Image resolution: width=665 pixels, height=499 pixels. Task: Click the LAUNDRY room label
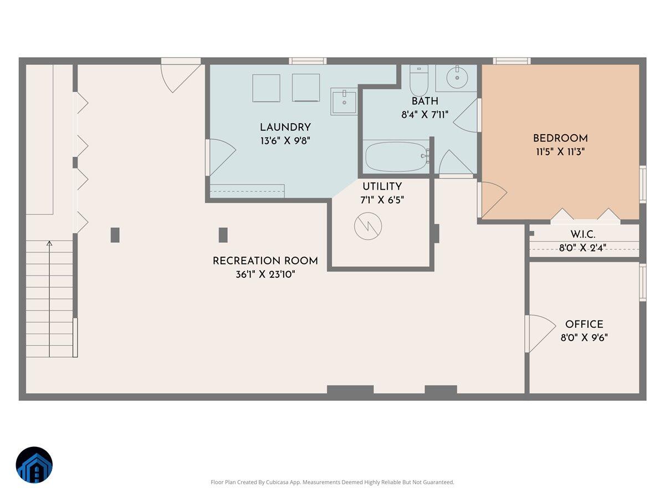pos(285,128)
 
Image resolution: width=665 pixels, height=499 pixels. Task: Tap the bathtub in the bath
pos(396,157)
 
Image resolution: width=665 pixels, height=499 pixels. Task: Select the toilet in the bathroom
pos(418,81)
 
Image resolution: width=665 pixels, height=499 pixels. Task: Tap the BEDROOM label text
pos(560,139)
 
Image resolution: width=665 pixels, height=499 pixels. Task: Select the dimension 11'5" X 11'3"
pos(560,151)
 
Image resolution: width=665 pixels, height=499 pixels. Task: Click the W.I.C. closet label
pos(583,234)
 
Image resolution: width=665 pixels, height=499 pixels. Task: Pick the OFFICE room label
pos(584,324)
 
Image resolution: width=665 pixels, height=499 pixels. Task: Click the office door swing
pos(540,333)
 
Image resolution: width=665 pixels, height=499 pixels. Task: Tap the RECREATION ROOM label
pos(265,261)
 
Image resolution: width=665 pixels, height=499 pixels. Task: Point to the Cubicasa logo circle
pos(34,465)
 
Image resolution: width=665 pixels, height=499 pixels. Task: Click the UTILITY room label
pos(382,187)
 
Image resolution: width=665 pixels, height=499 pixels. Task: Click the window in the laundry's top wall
pos(308,61)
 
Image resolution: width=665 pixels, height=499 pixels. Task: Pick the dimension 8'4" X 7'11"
pos(424,115)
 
